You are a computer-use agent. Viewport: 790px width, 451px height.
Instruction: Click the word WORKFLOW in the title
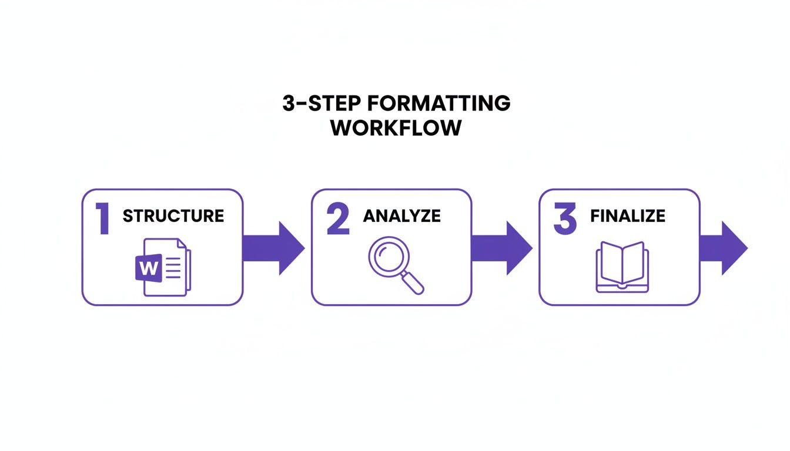coord(396,128)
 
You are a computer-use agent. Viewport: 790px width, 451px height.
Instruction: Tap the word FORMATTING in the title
coord(438,103)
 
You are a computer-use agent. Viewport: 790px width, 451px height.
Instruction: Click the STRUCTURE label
coord(173,216)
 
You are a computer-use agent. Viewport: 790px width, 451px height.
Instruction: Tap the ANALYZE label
coord(401,216)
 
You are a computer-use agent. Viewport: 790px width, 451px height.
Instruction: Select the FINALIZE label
coord(628,216)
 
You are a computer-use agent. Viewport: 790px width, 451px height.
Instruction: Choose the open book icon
coord(622,267)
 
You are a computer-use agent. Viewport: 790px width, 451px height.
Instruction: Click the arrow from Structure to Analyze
coord(273,248)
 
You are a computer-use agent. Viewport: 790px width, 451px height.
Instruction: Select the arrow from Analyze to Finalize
coord(501,248)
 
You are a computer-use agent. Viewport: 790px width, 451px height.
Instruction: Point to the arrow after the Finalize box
coord(723,248)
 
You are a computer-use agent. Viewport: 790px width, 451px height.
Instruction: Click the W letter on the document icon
coord(149,269)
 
